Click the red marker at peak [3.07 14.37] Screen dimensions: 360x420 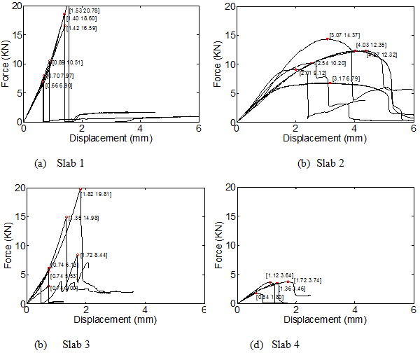[x=327, y=39]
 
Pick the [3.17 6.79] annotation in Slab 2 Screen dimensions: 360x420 [x=346, y=78]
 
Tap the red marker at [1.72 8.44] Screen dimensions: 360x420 [x=77, y=255]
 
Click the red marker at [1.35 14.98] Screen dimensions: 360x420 [x=66, y=217]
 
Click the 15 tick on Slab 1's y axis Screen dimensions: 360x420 [x=17, y=35]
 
